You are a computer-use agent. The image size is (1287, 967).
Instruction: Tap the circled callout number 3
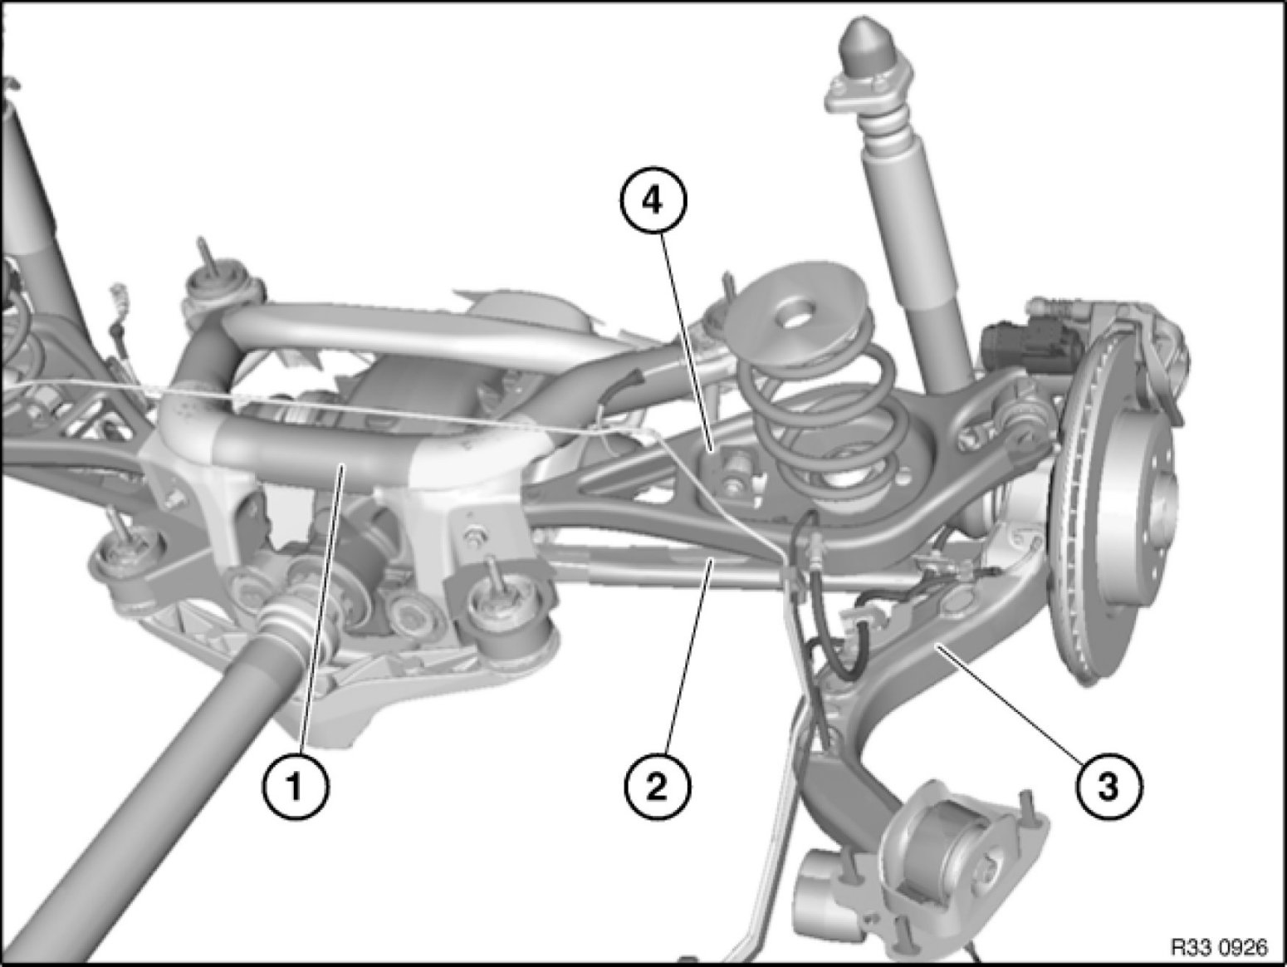coord(1108,787)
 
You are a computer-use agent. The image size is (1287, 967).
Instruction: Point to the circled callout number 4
coord(653,201)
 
